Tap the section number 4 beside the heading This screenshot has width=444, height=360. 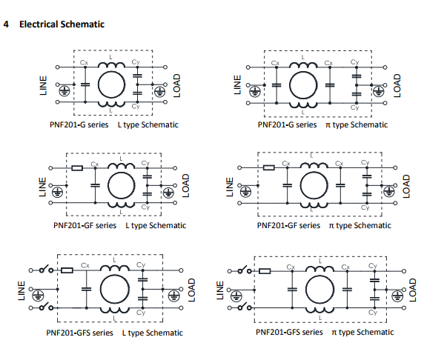point(6,24)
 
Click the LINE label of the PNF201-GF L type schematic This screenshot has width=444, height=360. point(42,187)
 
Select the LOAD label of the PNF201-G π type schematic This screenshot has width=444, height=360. point(397,85)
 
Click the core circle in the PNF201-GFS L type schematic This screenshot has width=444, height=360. point(115,275)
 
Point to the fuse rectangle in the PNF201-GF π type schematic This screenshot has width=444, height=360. point(269,167)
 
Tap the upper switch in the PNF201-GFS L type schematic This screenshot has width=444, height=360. point(46,270)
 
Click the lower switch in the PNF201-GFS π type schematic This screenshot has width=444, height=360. point(245,307)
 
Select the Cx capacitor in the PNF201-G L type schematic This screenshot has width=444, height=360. point(85,84)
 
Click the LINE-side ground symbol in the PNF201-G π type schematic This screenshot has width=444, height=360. point(255,91)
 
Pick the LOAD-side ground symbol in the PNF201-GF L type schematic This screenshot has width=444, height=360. point(169,193)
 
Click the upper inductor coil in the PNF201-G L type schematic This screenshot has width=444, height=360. point(111,64)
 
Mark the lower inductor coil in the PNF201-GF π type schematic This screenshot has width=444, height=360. point(314,205)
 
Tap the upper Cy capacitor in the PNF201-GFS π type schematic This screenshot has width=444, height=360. point(374,280)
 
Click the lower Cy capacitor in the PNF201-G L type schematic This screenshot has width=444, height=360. point(137,93)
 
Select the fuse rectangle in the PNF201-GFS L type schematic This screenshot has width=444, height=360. point(67,270)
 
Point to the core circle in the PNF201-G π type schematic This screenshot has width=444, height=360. point(303,72)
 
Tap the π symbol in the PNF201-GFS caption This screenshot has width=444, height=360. point(334,333)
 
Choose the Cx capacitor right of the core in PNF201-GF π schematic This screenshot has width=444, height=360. point(340,185)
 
